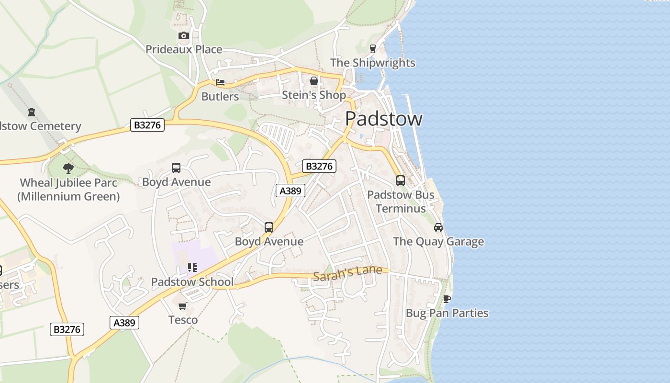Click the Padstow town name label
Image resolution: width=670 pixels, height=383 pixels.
[x=383, y=119]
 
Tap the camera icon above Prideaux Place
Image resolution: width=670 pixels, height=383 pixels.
[x=183, y=35]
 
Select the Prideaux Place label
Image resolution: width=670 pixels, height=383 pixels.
[x=184, y=49]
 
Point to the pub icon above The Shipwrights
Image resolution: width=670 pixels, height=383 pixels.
[x=373, y=48]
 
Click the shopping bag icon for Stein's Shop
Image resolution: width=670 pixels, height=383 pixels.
[x=314, y=81]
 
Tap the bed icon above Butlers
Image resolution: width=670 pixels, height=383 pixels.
[x=220, y=82]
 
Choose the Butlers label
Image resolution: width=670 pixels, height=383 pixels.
[x=220, y=96]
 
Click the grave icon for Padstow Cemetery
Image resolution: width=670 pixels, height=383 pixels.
[x=32, y=112]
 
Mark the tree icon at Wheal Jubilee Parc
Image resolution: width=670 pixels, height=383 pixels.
[x=68, y=168]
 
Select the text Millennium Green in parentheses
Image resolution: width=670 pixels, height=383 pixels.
[x=68, y=196]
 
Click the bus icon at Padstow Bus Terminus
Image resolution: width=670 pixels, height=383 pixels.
[x=401, y=180]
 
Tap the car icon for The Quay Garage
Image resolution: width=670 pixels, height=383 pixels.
[x=438, y=227]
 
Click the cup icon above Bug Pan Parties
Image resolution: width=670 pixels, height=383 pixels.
[x=447, y=299]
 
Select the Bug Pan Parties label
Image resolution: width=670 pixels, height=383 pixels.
[x=447, y=313]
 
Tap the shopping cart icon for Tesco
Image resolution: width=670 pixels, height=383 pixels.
[x=183, y=306]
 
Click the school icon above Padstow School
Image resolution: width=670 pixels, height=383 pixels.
[x=192, y=268]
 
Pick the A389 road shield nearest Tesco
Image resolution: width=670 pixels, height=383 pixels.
[x=125, y=323]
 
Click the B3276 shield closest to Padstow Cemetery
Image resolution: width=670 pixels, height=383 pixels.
[x=147, y=125]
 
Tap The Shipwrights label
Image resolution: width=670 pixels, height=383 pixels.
[x=373, y=63]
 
